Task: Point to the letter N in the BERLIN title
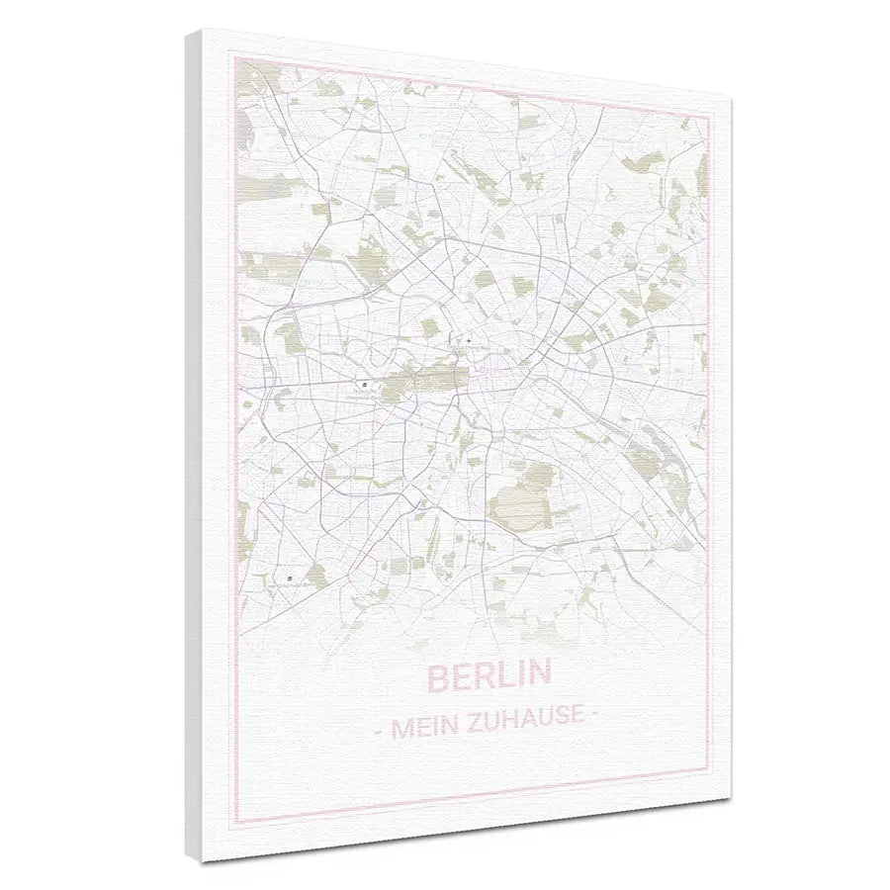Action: coord(538,673)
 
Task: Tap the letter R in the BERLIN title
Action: coord(482,677)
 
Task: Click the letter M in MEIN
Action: coord(401,732)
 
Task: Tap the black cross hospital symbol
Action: coord(468,340)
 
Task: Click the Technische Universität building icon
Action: coord(363,380)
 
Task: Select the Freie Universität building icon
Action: coord(289,577)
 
